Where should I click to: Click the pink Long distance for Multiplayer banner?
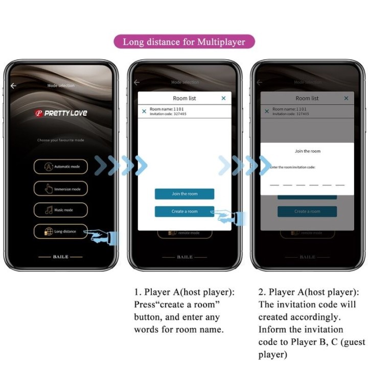pos(185,41)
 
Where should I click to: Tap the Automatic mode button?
pos(61,167)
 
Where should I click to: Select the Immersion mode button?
pos(61,189)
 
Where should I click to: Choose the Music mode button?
pos(61,210)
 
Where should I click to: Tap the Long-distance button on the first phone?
pos(61,232)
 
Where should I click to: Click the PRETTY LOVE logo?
pos(61,113)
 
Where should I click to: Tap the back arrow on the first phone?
pos(13,86)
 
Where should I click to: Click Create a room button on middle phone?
pos(185,211)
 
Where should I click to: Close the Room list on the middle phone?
pos(223,98)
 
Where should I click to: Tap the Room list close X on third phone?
pos(346,98)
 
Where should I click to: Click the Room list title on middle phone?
pos(185,98)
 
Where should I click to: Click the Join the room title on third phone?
pos(308,151)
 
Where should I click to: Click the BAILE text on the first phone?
pos(60,257)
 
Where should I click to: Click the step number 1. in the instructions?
pos(137,292)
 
